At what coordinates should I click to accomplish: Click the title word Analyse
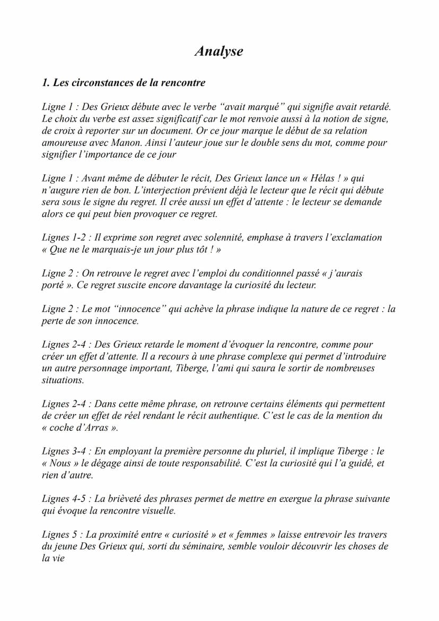pyautogui.click(x=218, y=51)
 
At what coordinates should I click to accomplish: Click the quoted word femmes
pyautogui.click(x=254, y=535)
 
